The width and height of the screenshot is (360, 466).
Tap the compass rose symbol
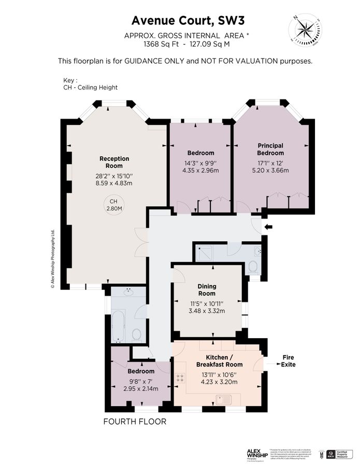[305, 28]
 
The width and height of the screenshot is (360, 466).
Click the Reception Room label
[114, 162]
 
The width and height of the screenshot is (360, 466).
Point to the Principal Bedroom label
[270, 150]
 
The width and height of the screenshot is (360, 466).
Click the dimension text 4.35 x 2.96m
[200, 170]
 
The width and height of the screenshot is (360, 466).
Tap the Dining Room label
[207, 290]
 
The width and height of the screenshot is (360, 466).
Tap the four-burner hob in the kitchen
[182, 378]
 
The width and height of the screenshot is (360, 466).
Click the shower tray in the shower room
[208, 253]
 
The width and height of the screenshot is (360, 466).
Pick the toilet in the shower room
[252, 267]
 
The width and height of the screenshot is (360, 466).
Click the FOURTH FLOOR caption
[135, 421]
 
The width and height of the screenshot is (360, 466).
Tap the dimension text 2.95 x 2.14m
[140, 388]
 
